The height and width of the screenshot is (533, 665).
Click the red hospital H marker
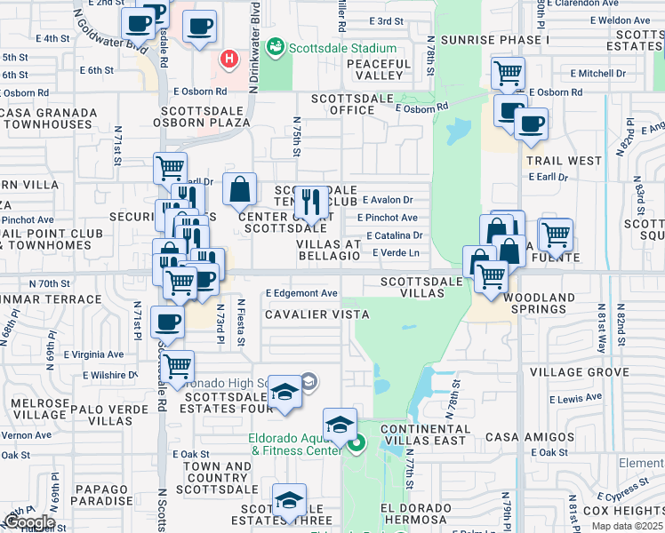click(x=229, y=60)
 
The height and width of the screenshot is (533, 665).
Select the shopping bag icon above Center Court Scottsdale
click(x=239, y=189)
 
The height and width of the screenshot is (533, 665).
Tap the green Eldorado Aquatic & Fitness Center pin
click(x=357, y=444)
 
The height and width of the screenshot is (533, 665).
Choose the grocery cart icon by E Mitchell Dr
click(x=508, y=73)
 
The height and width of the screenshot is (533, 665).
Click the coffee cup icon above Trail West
click(x=531, y=123)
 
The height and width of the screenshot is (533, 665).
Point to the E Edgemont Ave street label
click(x=301, y=293)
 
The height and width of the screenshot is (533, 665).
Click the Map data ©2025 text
click(x=628, y=526)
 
